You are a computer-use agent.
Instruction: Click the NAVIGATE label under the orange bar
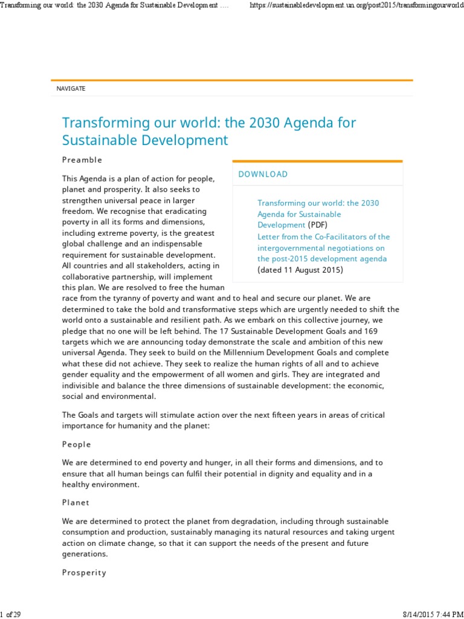(x=71, y=89)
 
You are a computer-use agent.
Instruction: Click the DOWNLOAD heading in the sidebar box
(x=263, y=174)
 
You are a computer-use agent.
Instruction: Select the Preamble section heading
(x=82, y=160)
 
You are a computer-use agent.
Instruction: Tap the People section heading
(x=77, y=444)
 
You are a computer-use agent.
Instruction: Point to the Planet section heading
(x=76, y=502)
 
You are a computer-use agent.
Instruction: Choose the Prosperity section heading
(x=84, y=572)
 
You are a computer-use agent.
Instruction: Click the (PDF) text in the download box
(x=318, y=225)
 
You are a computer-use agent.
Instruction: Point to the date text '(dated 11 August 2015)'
(x=300, y=270)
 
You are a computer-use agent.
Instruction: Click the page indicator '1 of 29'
(x=11, y=614)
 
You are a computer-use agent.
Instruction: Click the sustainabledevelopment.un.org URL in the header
(x=356, y=5)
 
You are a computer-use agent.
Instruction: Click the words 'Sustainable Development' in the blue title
(x=145, y=141)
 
